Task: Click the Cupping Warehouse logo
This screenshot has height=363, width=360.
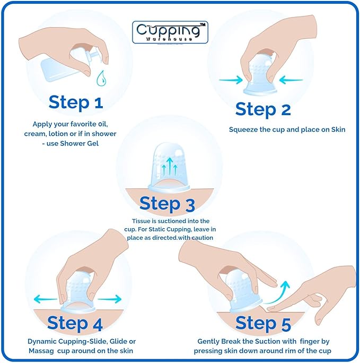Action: pyautogui.click(x=169, y=32)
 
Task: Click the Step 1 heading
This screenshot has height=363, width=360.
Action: pyautogui.click(x=75, y=102)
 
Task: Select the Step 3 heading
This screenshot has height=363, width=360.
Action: pyautogui.click(x=167, y=203)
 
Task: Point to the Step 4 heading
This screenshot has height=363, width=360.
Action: pyautogui.click(x=74, y=322)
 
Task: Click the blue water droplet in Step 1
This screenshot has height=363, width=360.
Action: pyautogui.click(x=100, y=79)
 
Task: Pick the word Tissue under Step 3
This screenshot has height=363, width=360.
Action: pyautogui.click(x=142, y=220)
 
